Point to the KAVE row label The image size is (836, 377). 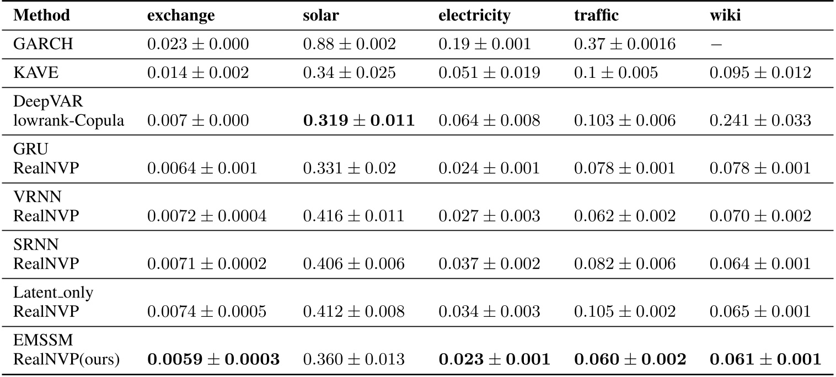click(x=31, y=73)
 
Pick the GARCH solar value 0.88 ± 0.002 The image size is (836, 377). click(x=349, y=44)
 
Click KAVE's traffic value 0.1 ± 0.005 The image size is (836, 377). click(x=616, y=73)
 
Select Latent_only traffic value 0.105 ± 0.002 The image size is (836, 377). click(x=625, y=311)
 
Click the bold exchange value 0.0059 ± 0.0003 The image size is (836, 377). click(x=213, y=359)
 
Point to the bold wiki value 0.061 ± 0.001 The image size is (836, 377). click(x=765, y=359)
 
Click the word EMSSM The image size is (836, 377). click(x=35, y=342)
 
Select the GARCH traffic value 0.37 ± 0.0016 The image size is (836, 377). click(x=625, y=44)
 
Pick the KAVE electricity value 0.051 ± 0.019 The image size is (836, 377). click(x=489, y=73)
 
